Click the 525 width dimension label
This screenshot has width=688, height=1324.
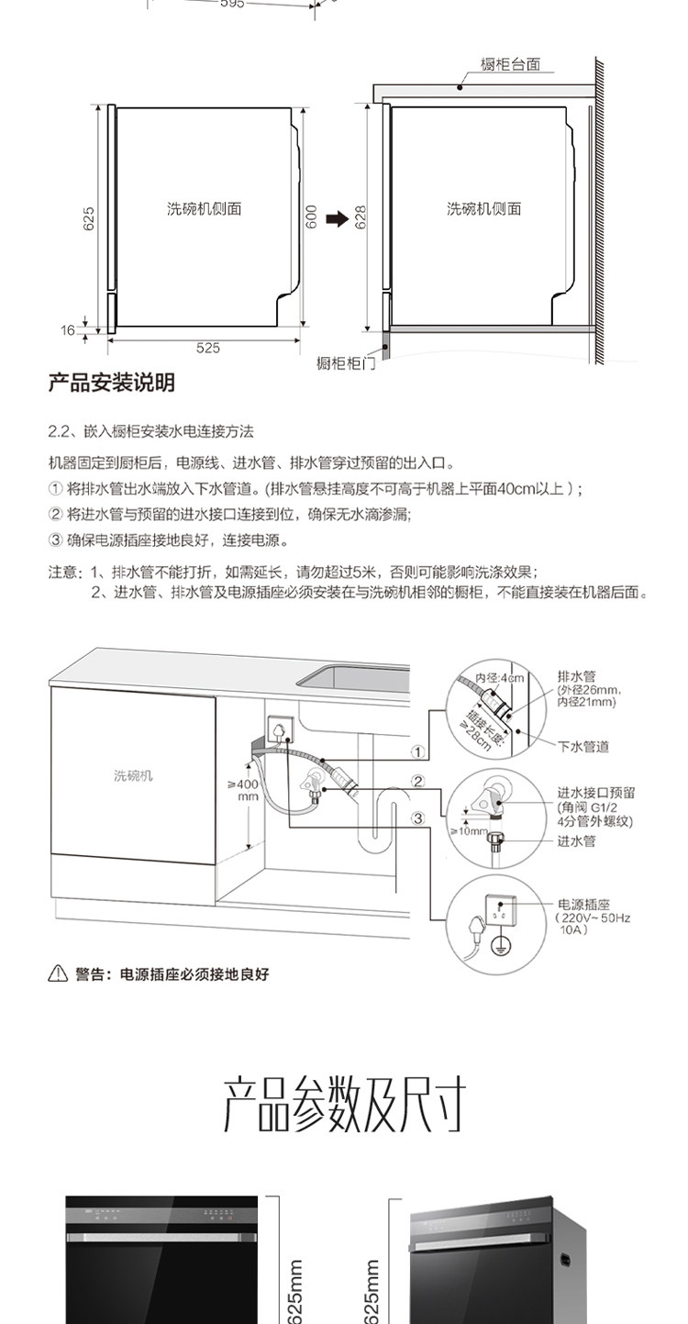pos(208,348)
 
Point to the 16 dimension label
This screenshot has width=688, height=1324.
pos(68,330)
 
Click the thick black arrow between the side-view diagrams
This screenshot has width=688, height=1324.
pos(338,218)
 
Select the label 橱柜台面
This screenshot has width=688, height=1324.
pos(510,65)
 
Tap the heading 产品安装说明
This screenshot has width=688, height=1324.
pos(111,383)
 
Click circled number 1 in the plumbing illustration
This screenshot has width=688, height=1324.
pos(417,751)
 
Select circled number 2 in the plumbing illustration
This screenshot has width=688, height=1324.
pos(417,783)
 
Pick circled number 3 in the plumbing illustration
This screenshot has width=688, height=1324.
pos(417,818)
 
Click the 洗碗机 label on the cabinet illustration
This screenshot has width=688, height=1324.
pos(133,775)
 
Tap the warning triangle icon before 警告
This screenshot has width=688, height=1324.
pos(57,974)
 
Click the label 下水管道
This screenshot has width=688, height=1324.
pos(583,747)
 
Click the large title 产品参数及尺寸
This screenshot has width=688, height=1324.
pos(344,1105)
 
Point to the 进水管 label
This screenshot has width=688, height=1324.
pos(576,840)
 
